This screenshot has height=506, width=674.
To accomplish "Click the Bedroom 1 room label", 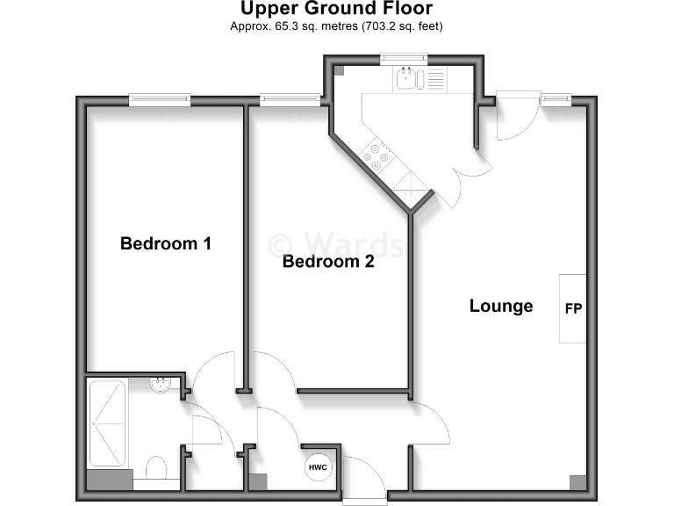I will click(165, 243).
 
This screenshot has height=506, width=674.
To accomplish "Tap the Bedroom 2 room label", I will click(328, 262).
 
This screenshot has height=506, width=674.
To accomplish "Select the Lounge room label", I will click(501, 306).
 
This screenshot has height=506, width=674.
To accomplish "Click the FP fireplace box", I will click(573, 309).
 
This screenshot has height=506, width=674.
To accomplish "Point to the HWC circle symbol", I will click(318, 467).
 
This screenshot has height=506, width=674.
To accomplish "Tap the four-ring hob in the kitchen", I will click(380, 155).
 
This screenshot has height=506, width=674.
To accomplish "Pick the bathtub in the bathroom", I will click(108, 423).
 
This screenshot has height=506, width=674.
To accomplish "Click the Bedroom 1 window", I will click(160, 100).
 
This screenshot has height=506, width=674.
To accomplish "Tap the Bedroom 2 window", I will click(290, 100).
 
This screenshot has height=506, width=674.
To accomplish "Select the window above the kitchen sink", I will click(404, 59).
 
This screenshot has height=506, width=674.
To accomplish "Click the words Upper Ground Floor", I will click(336, 10).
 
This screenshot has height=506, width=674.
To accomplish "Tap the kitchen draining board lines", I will click(435, 80).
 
